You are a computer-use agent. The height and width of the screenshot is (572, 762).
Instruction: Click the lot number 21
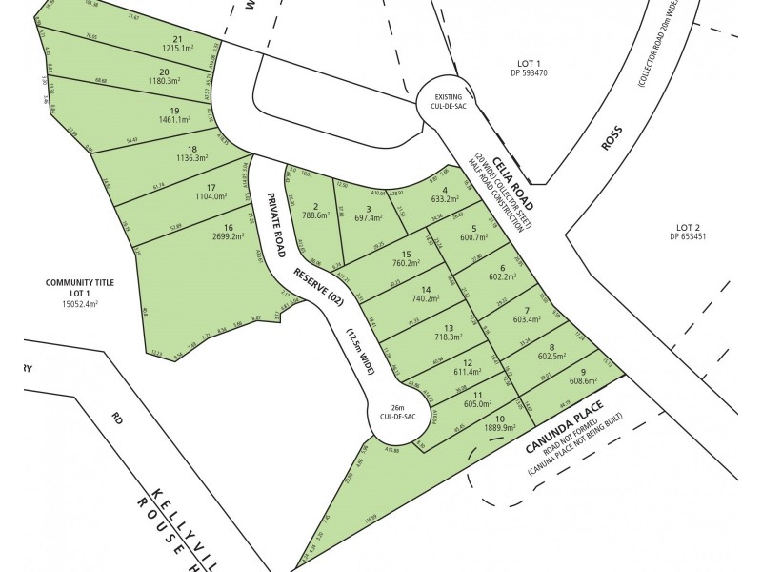[x=178, y=39]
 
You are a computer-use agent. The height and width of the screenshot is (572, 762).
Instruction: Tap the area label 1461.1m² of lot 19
[x=173, y=122]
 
